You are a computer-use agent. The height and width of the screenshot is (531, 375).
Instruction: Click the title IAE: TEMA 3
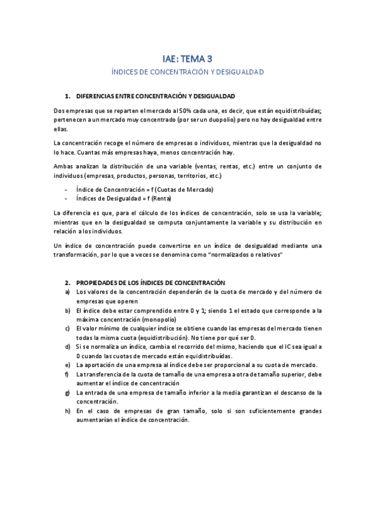[187, 59]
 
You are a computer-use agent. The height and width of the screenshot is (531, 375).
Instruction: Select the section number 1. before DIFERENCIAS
[68, 96]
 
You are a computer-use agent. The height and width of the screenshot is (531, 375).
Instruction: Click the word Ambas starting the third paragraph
[64, 166]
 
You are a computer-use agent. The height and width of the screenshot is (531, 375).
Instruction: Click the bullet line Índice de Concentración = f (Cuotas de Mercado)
[145, 189]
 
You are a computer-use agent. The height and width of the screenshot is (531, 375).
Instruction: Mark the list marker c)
[68, 328]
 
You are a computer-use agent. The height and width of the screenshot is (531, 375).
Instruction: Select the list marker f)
[67, 374]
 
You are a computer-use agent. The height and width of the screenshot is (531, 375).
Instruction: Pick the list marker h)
[68, 411]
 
